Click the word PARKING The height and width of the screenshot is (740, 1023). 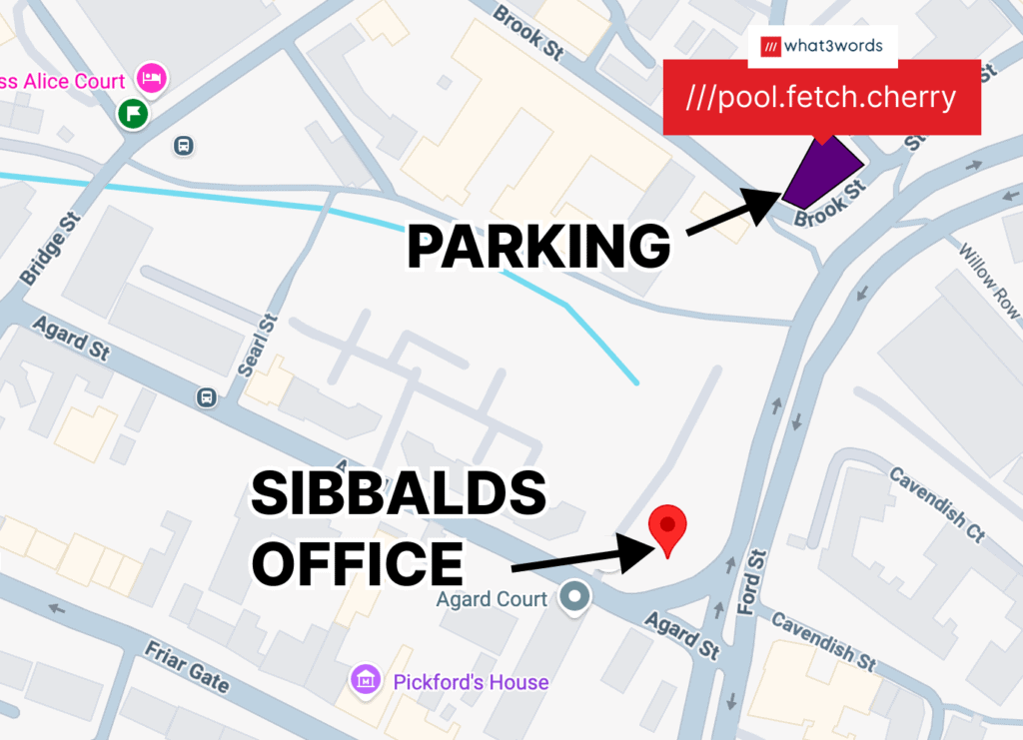[537, 246]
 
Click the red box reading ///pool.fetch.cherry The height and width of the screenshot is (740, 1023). [821, 98]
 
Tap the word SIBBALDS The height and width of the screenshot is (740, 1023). [399, 495]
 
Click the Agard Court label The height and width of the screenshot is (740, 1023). [492, 599]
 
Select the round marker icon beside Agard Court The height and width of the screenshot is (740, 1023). [574, 597]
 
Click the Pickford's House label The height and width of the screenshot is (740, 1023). [471, 682]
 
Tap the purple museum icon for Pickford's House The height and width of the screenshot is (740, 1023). [366, 681]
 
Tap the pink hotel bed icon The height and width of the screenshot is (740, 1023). [151, 77]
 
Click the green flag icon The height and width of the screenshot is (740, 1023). [133, 114]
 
